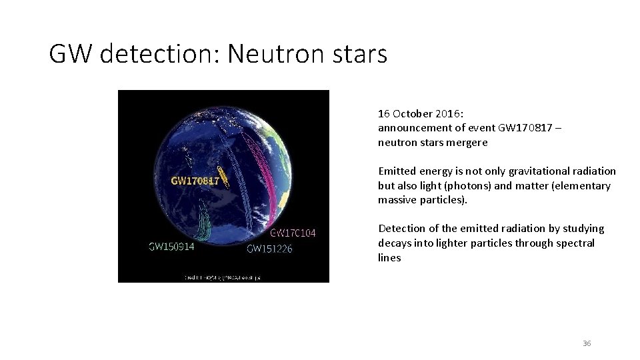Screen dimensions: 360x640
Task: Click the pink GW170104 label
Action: (293, 233)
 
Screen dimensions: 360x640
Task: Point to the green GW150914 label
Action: (171, 246)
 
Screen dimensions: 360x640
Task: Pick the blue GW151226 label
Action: (269, 249)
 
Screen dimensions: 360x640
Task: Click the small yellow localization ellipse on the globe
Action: (224, 176)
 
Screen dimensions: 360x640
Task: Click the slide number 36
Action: (587, 343)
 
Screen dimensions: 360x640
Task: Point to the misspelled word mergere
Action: (467, 142)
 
